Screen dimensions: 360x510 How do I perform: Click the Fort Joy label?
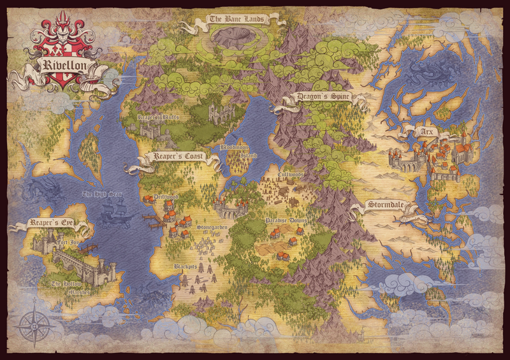(66, 242)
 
